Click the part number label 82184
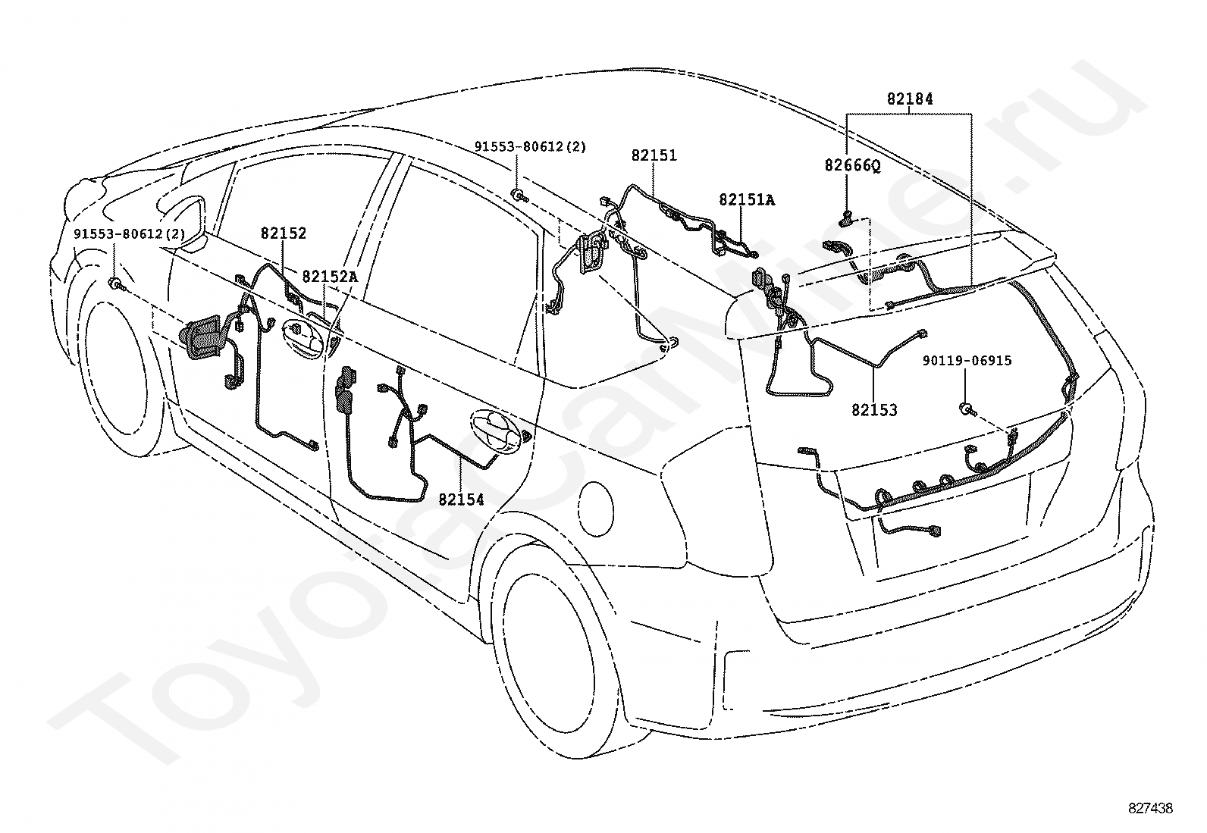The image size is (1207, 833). (x=910, y=99)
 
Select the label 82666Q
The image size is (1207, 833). (x=852, y=165)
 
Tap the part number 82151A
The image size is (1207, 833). (x=747, y=200)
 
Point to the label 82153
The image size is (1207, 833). (x=874, y=411)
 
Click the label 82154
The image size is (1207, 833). (x=461, y=500)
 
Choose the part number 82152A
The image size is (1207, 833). (x=330, y=277)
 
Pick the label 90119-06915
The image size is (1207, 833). (x=967, y=361)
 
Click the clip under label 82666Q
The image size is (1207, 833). (x=848, y=217)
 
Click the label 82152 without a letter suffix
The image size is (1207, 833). (x=284, y=233)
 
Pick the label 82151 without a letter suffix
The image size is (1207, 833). (x=654, y=155)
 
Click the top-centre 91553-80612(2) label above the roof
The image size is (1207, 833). (x=530, y=146)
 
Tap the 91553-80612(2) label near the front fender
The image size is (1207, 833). (x=130, y=234)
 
